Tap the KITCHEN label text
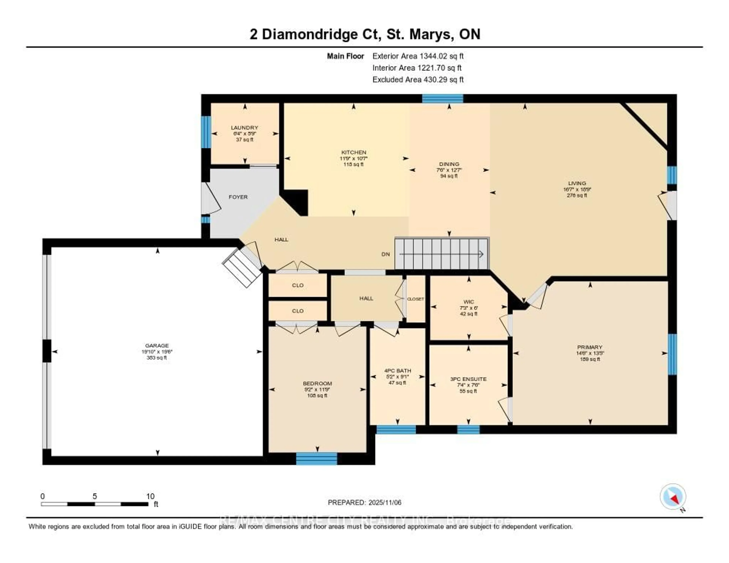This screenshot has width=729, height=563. (353, 152)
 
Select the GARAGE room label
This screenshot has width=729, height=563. (157, 345)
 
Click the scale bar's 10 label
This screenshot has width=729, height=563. (150, 496)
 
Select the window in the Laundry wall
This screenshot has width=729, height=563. (206, 132)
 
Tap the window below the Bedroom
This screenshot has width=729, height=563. (316, 459)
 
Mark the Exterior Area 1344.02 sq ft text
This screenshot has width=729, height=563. (418, 56)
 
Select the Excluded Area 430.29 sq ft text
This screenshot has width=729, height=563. (418, 79)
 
